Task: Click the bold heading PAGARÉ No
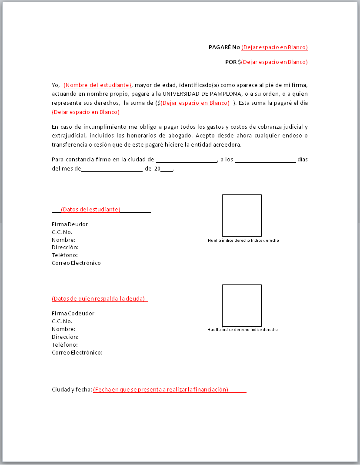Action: click(224, 47)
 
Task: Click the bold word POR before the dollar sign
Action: click(231, 62)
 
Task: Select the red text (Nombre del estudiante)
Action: click(97, 85)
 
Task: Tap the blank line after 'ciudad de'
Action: click(186, 160)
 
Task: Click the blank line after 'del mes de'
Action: click(112, 169)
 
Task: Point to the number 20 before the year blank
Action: click(157, 169)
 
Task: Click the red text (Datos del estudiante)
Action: click(90, 210)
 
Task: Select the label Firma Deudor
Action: click(70, 224)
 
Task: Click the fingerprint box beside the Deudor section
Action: click(242, 215)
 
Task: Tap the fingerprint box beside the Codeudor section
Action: click(242, 305)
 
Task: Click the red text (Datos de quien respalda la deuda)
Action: click(98, 299)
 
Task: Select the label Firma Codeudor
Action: click(73, 314)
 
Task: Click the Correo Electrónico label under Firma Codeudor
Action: click(77, 353)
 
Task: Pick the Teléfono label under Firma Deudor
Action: click(65, 255)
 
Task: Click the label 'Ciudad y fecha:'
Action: click(72, 390)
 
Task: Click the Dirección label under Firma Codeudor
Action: click(65, 337)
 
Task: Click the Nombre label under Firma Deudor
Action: click(63, 240)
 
